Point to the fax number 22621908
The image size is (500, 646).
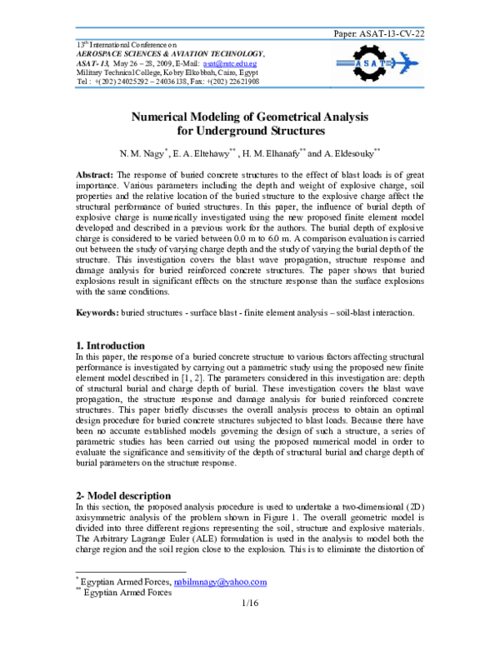coord(237,82)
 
